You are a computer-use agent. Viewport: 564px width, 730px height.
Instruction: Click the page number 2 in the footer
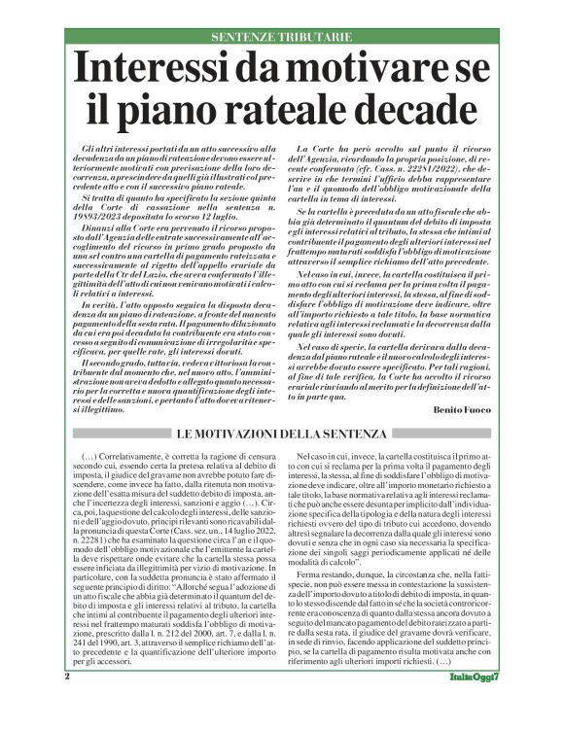tap(67, 703)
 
